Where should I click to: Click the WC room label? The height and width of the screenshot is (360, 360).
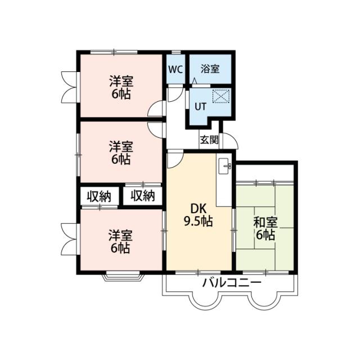pos(175,69)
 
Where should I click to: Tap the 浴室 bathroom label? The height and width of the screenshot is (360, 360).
pos(210,69)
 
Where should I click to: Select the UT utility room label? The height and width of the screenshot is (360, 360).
pos(200,106)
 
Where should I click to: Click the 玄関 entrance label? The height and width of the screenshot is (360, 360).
pos(209,139)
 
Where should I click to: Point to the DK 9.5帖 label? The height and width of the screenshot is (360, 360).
pos(199,215)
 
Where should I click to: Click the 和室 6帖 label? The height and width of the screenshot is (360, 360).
pos(265,229)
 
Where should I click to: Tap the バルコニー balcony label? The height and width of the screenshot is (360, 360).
pos(231,282)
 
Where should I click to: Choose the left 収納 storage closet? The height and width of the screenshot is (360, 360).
pos(99,196)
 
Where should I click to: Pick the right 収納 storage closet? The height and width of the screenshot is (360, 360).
pos(143,196)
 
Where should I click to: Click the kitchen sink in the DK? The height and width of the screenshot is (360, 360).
pos(225,166)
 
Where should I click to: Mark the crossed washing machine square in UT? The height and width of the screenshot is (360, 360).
pos(221,96)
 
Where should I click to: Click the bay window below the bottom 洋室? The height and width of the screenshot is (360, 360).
pos(123,277)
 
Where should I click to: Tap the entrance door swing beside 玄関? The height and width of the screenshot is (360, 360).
pos(230,141)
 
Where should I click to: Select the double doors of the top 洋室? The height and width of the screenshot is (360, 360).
pos(70,87)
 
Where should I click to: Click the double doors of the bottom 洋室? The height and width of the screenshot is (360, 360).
pos(70,239)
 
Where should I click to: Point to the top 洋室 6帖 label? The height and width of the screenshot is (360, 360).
pos(121,88)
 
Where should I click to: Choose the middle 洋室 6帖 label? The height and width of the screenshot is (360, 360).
pos(121,153)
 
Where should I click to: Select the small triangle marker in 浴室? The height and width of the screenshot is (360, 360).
pos(195,81)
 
